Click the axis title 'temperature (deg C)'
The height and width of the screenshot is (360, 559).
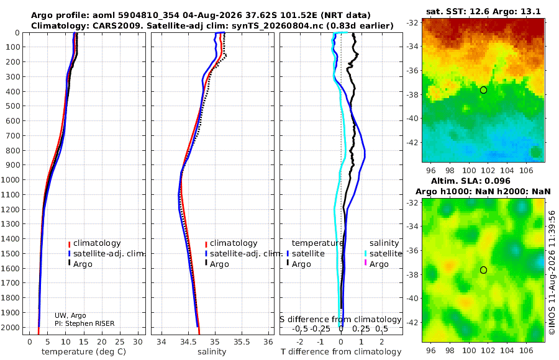84,352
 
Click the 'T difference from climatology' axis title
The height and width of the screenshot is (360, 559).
341,352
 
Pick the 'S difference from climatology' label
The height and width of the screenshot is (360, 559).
340,320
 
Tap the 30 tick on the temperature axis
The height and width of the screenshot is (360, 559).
138,342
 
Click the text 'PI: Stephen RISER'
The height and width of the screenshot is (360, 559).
84,323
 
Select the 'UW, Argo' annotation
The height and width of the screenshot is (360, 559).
70,315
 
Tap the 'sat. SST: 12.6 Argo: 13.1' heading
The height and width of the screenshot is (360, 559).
483,11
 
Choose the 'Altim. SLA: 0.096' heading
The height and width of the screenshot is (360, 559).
471,181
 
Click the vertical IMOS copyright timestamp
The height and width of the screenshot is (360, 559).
552,272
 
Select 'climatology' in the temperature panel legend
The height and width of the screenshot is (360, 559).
97,243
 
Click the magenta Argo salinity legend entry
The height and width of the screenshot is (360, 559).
379,264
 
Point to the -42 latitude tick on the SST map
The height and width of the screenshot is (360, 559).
412,142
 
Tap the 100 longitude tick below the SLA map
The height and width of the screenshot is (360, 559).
469,351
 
